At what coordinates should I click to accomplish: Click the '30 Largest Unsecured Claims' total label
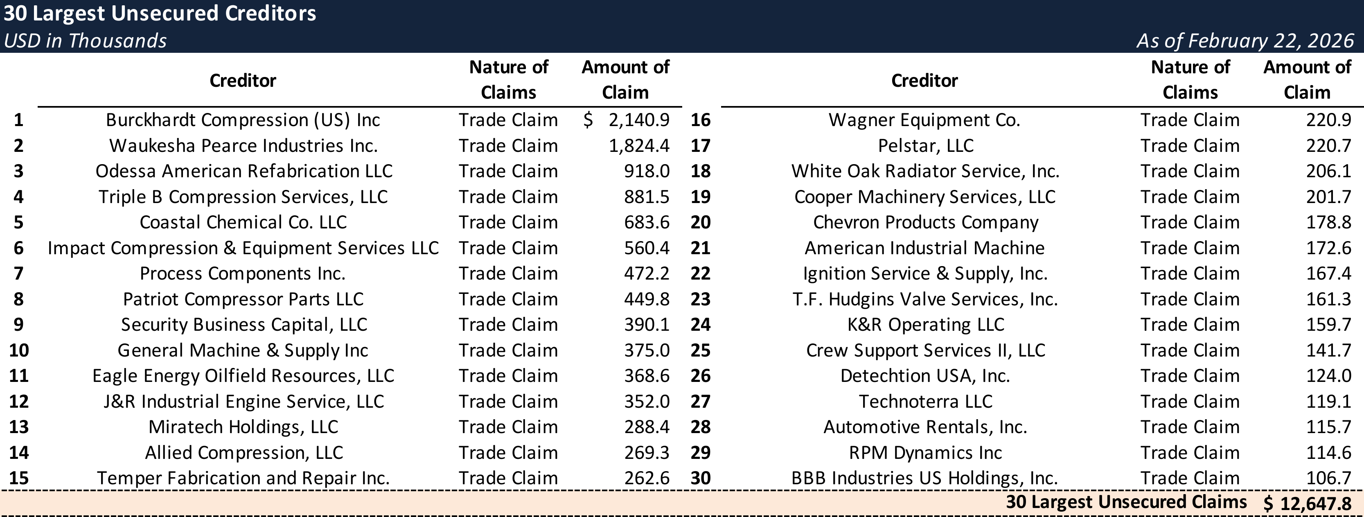tap(1126, 502)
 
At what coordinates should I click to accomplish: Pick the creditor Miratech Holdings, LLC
tap(243, 427)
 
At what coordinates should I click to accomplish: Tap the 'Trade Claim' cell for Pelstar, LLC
tap(1190, 146)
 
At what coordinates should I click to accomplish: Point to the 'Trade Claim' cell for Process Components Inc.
tap(508, 274)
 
